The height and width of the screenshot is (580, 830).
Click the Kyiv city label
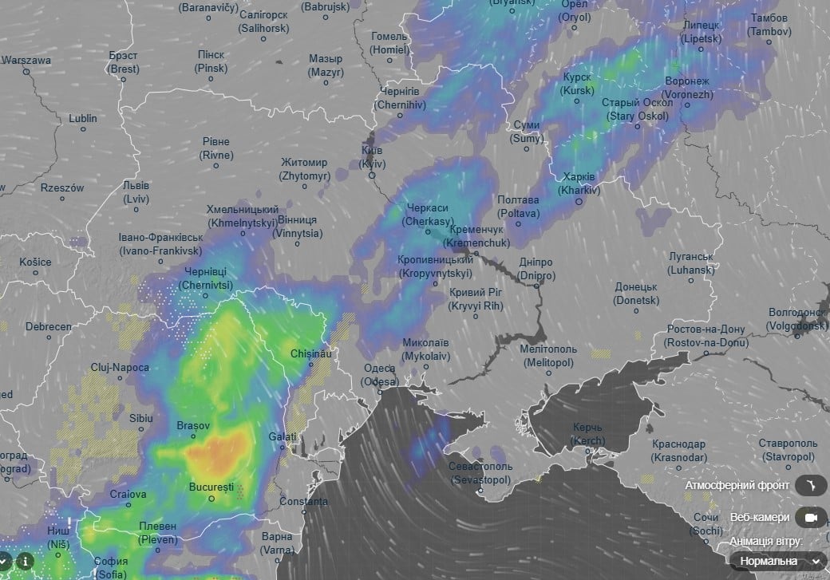click(372, 156)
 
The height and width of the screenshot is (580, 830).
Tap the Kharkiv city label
click(578, 183)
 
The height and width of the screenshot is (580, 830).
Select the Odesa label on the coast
click(379, 375)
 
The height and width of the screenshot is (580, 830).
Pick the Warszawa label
click(26, 60)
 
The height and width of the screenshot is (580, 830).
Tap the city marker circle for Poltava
click(519, 225)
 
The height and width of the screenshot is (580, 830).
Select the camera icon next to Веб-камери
click(812, 517)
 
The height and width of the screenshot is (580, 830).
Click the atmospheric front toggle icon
click(812, 485)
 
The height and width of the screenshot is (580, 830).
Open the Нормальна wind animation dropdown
click(778, 561)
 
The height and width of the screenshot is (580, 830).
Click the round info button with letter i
click(26, 560)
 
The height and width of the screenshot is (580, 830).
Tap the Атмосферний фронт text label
click(737, 485)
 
